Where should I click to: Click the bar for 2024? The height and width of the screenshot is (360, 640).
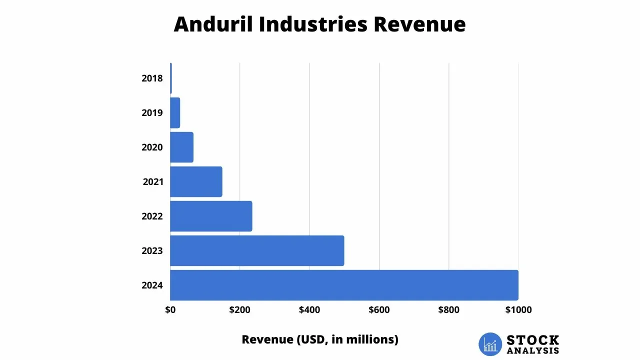pos(344,285)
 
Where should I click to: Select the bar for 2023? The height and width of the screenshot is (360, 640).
pos(257,250)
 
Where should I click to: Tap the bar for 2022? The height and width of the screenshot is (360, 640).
pos(211,216)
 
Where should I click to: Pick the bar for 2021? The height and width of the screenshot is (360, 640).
pos(196,181)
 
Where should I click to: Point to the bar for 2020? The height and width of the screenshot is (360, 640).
pos(181,147)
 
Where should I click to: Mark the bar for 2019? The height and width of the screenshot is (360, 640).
pos(175,112)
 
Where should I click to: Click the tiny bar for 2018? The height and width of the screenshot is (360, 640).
pos(171,78)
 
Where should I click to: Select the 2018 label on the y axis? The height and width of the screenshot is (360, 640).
pos(152,78)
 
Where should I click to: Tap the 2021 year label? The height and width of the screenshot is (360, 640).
pos(153,182)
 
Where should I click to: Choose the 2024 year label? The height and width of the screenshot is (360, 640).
pos(152,285)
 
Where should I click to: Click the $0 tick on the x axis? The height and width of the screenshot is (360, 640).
pos(170,310)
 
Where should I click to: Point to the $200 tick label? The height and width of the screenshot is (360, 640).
pos(240,310)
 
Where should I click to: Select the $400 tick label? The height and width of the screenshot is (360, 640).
pos(309,310)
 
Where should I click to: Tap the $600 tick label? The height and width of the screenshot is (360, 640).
pos(379,310)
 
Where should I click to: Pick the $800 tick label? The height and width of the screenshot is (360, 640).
pos(448,310)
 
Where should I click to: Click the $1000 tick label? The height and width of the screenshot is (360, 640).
pos(518,310)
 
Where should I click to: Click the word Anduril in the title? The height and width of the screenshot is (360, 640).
pos(213,24)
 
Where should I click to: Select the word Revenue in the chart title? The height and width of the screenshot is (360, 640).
pos(418,24)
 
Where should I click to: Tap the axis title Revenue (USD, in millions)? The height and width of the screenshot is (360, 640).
pos(320,339)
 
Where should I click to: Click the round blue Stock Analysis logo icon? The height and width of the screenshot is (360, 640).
pos(490,344)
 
